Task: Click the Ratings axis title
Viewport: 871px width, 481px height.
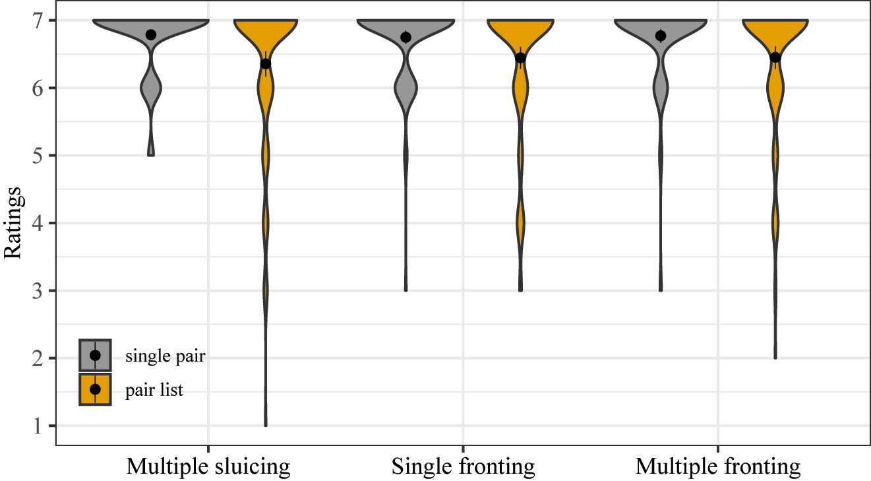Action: [15, 223]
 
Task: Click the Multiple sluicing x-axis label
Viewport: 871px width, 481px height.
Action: [208, 467]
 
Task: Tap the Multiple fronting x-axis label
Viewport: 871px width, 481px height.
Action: [717, 467]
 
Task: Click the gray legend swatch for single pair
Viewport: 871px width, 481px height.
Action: [95, 356]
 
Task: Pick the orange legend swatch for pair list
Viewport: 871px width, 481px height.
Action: [95, 389]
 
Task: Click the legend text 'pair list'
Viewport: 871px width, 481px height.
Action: [154, 390]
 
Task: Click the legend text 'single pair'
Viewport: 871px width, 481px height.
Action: [165, 356]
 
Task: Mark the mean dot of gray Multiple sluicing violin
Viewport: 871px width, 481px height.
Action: [151, 34]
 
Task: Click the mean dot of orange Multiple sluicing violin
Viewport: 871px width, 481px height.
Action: [266, 63]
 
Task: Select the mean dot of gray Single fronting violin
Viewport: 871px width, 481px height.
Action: [405, 37]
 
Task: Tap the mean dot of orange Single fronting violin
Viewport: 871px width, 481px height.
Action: [520, 57]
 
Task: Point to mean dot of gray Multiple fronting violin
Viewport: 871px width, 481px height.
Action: [661, 36]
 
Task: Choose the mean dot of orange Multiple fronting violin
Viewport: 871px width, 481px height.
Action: [775, 57]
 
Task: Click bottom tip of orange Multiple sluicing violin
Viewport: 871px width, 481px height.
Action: [266, 425]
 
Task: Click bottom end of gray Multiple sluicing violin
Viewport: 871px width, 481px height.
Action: [151, 154]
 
